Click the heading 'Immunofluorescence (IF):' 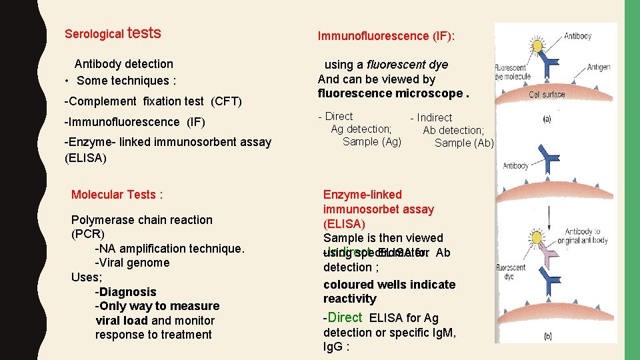pos(387,36)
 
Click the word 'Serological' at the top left pos(94,33)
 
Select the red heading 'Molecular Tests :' pos(117,195)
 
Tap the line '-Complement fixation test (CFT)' pos(153,101)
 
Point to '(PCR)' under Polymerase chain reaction pos(87,234)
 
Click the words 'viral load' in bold pos(122,320)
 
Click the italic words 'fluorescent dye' pos(407,65)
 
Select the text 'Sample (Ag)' pos(372,141)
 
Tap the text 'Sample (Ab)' pos(464,143)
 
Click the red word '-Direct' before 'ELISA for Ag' pos(343,318)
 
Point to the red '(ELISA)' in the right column pos(343,223)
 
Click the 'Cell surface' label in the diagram pos(547,95)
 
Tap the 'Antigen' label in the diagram pos(599,67)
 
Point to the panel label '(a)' pos(547,120)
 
